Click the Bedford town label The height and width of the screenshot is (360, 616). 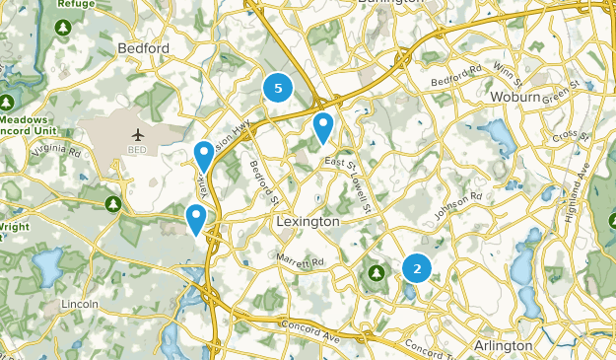[144, 47]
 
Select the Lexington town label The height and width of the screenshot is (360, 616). [308, 222]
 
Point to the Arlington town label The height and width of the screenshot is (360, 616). [503, 346]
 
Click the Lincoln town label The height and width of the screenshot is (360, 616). [79, 304]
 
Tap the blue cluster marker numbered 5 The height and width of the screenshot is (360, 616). [278, 89]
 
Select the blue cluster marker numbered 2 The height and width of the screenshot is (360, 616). [417, 266]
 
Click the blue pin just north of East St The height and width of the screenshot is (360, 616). [323, 126]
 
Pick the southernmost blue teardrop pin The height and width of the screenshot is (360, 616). [196, 217]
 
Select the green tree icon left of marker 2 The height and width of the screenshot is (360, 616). [376, 271]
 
